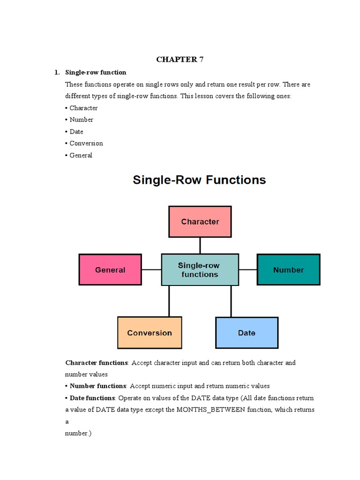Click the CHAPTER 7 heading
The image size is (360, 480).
[x=180, y=60]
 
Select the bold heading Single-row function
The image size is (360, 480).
[x=96, y=72]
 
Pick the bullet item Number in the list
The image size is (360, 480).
[x=82, y=120]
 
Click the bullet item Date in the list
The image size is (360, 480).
[x=76, y=132]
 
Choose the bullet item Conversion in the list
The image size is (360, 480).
[x=86, y=143]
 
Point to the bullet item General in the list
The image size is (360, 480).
[x=81, y=155]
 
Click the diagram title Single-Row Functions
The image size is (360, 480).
[x=200, y=180]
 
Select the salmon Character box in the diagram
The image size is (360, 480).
[x=200, y=222]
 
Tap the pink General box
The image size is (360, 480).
[x=110, y=270]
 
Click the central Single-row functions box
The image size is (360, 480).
[x=200, y=270]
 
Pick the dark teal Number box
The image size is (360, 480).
[x=288, y=270]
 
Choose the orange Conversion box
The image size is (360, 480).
[x=150, y=333]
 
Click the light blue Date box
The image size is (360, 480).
[x=247, y=333]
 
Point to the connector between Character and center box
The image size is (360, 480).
[x=200, y=246]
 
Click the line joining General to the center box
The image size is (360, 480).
[x=151, y=270]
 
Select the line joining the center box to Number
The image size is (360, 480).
[x=247, y=270]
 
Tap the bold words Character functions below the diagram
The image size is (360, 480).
[x=97, y=363]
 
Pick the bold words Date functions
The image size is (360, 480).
[x=92, y=397]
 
